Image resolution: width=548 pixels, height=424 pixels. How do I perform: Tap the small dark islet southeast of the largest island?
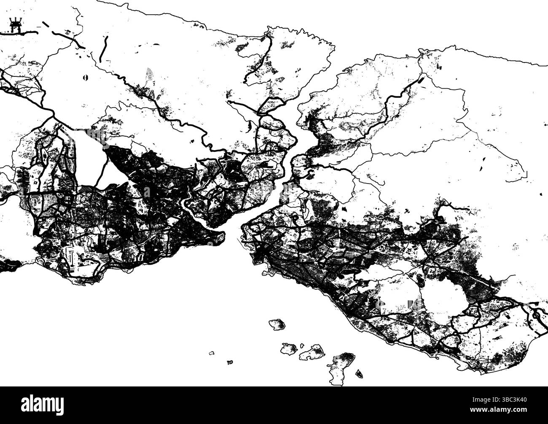point(360,373)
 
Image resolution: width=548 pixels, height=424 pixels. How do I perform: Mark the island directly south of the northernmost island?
point(289,348)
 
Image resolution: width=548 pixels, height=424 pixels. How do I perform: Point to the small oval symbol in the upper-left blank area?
point(86,77)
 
